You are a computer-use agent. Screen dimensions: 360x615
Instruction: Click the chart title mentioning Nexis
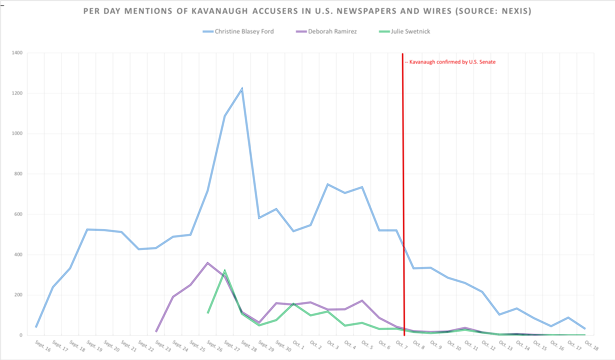click(x=307, y=11)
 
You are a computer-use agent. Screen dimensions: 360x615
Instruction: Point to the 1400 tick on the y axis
click(x=17, y=53)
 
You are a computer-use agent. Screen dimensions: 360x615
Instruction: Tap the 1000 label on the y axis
click(x=17, y=133)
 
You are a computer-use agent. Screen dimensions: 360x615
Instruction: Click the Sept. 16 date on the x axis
click(x=43, y=346)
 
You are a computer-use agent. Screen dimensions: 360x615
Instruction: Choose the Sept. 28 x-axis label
click(x=249, y=346)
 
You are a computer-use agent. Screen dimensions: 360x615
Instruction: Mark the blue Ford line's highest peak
click(x=242, y=89)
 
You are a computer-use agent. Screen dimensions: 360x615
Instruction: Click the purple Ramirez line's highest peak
click(x=208, y=263)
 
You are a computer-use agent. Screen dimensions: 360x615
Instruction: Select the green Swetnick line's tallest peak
click(x=225, y=270)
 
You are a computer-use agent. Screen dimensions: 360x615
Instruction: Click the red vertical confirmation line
click(x=403, y=194)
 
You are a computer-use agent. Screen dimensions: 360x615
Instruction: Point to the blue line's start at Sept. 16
click(x=36, y=327)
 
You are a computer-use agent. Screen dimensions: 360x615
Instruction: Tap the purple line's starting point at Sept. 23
click(x=156, y=331)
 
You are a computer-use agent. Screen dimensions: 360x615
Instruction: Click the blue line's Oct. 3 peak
click(x=328, y=184)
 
